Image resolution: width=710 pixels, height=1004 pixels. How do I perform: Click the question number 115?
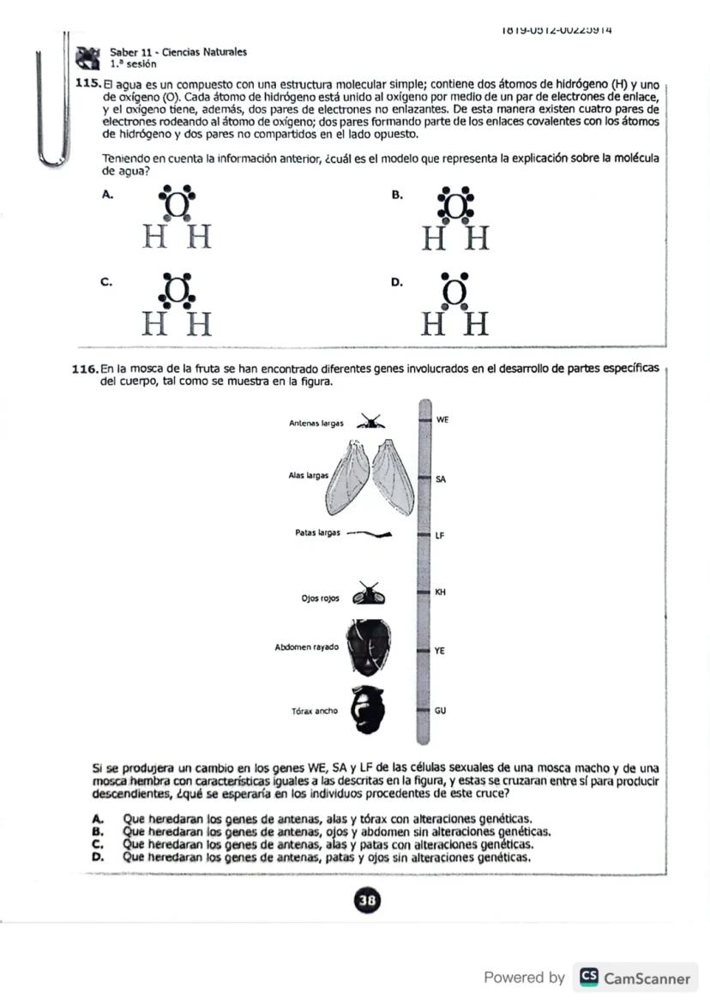coord(88,84)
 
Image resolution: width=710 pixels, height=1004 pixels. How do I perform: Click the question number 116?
coord(86,369)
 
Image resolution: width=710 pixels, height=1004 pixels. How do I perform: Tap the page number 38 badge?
coord(368,900)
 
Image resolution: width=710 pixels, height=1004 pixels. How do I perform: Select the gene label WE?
coord(442,420)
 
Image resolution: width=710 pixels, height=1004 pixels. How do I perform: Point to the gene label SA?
coord(440,479)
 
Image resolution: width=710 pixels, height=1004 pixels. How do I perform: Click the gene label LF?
coord(440,535)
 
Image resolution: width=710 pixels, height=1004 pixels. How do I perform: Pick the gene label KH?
coord(440,592)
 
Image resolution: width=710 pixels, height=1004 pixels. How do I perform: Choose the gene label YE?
coord(440,651)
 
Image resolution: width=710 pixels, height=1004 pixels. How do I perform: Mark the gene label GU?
coord(440,711)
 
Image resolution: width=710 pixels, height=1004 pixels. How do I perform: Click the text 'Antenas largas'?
coord(316,423)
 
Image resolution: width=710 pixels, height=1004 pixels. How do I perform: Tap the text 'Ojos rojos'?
coord(320,598)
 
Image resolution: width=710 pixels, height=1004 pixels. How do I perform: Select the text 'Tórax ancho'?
coord(315,711)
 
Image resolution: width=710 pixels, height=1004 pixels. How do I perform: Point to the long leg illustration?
coord(369,533)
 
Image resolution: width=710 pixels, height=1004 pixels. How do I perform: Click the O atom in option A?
coord(176,206)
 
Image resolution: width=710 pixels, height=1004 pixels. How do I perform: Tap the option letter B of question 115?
coord(397,195)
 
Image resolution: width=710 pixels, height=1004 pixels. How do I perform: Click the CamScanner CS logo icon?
coord(589,977)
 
